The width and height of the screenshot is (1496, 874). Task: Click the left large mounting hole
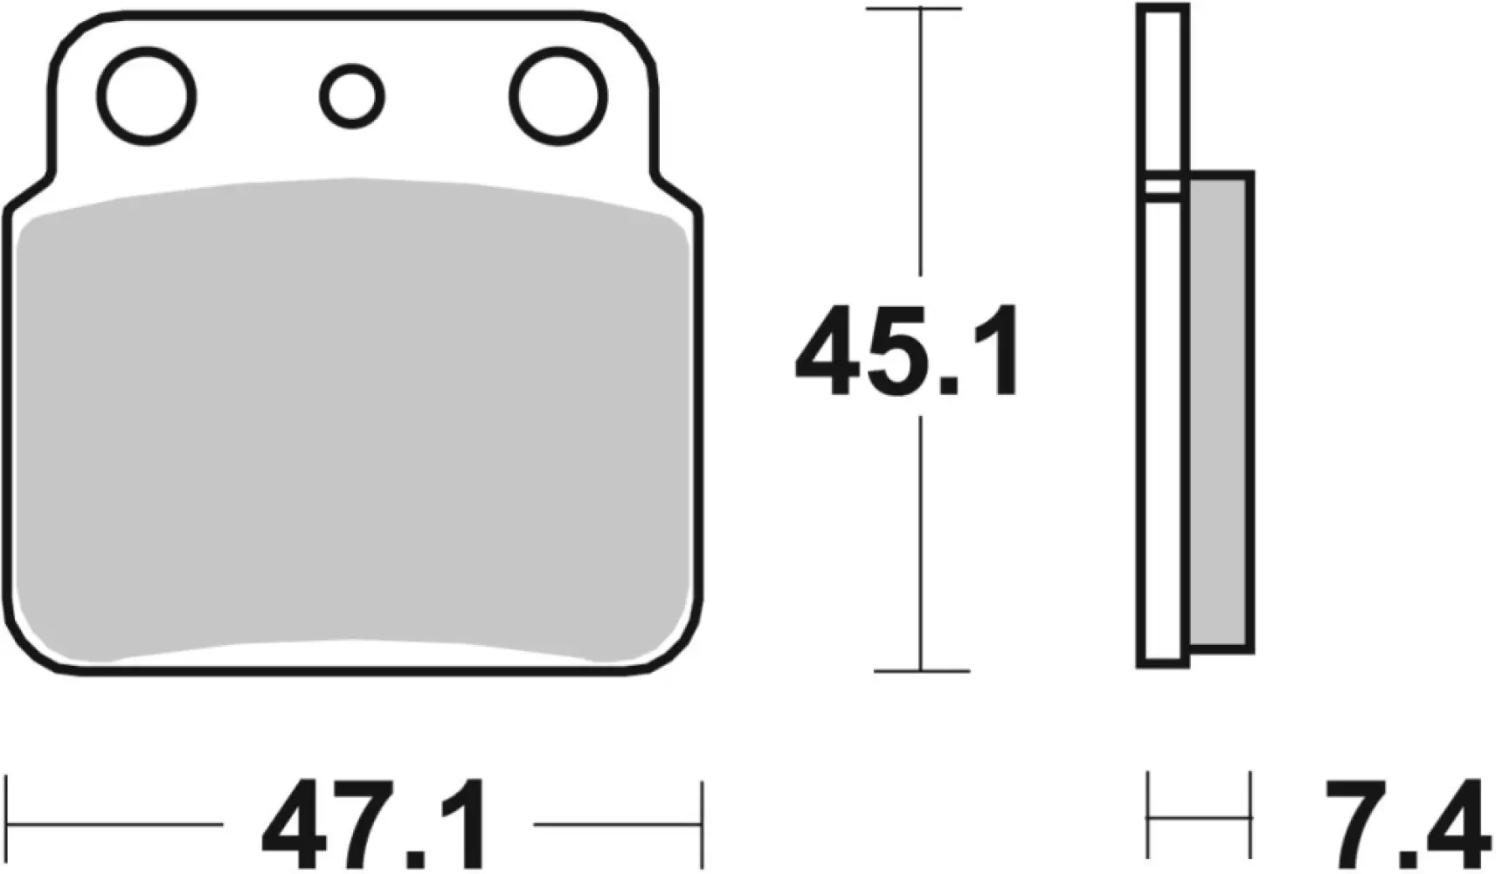(147, 95)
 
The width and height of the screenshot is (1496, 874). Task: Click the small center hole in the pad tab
(351, 95)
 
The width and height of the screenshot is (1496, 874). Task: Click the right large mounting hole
(558, 95)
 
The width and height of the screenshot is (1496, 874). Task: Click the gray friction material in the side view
(1221, 411)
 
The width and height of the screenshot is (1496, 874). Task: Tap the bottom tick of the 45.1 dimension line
(921, 671)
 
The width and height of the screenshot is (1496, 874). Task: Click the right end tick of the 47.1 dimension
(701, 822)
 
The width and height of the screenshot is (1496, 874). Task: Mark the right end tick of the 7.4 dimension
(1250, 818)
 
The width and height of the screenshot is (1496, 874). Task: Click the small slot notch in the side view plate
(1163, 186)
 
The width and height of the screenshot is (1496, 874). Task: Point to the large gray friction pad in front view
(350, 420)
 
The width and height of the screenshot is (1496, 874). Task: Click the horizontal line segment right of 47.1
(616, 823)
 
